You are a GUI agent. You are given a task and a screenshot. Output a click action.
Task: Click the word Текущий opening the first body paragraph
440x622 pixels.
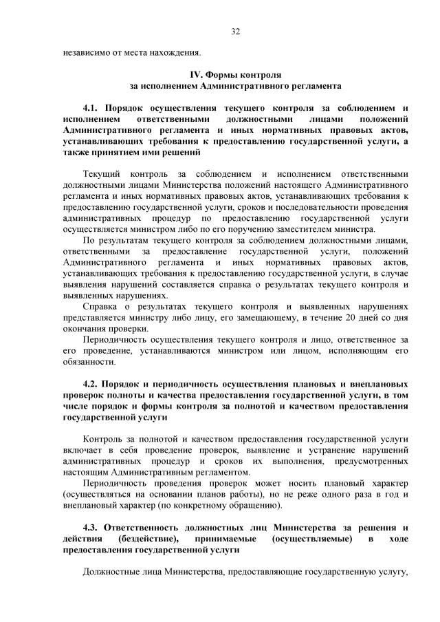(102, 173)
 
